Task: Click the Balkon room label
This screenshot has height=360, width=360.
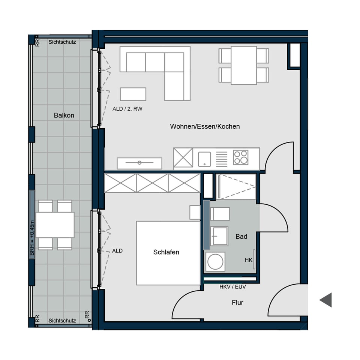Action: (x=64, y=115)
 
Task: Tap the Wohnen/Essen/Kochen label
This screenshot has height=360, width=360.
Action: (x=205, y=126)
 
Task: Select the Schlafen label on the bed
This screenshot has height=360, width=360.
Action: (x=166, y=252)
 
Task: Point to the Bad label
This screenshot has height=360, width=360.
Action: (x=241, y=237)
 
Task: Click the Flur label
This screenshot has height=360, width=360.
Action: (x=237, y=302)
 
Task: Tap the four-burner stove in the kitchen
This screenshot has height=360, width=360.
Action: (x=240, y=157)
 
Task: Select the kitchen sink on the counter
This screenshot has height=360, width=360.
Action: (x=204, y=159)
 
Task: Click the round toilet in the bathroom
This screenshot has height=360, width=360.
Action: (x=215, y=261)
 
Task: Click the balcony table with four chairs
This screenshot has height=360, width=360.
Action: (x=55, y=225)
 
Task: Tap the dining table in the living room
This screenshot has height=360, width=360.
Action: (x=244, y=65)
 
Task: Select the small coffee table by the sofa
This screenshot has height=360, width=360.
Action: (x=133, y=94)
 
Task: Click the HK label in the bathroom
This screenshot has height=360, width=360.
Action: (x=248, y=260)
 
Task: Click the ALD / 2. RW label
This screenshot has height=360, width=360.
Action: (x=127, y=109)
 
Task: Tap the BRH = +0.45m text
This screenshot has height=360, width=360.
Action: (x=32, y=238)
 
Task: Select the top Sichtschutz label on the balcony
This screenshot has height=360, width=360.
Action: (x=62, y=42)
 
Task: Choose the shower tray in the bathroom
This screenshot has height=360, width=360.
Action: (x=236, y=187)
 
